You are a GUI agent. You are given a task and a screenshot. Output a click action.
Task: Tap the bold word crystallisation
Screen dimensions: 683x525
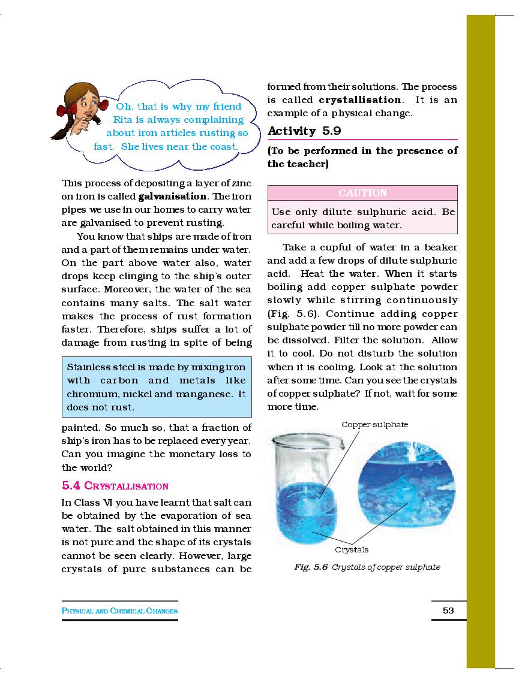tap(360, 100)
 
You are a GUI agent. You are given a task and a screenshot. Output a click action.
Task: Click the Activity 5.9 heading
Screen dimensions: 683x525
tap(304, 131)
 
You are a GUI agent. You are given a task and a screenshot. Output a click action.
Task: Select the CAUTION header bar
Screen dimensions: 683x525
tap(362, 193)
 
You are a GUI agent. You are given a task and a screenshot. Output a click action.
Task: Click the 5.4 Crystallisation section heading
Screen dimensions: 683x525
tap(115, 486)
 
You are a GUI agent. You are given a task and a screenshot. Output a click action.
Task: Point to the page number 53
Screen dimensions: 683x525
tap(448, 611)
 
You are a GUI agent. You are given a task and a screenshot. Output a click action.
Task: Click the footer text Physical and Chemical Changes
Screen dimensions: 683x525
tap(120, 611)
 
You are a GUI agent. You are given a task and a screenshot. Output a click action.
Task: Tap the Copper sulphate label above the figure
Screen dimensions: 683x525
tap(374, 424)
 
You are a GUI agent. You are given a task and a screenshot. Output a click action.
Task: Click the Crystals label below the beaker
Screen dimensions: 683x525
tap(352, 549)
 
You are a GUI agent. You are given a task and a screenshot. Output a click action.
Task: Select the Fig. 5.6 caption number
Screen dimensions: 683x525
tap(311, 567)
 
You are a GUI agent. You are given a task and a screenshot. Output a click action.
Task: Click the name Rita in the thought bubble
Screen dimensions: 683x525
tap(123, 120)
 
